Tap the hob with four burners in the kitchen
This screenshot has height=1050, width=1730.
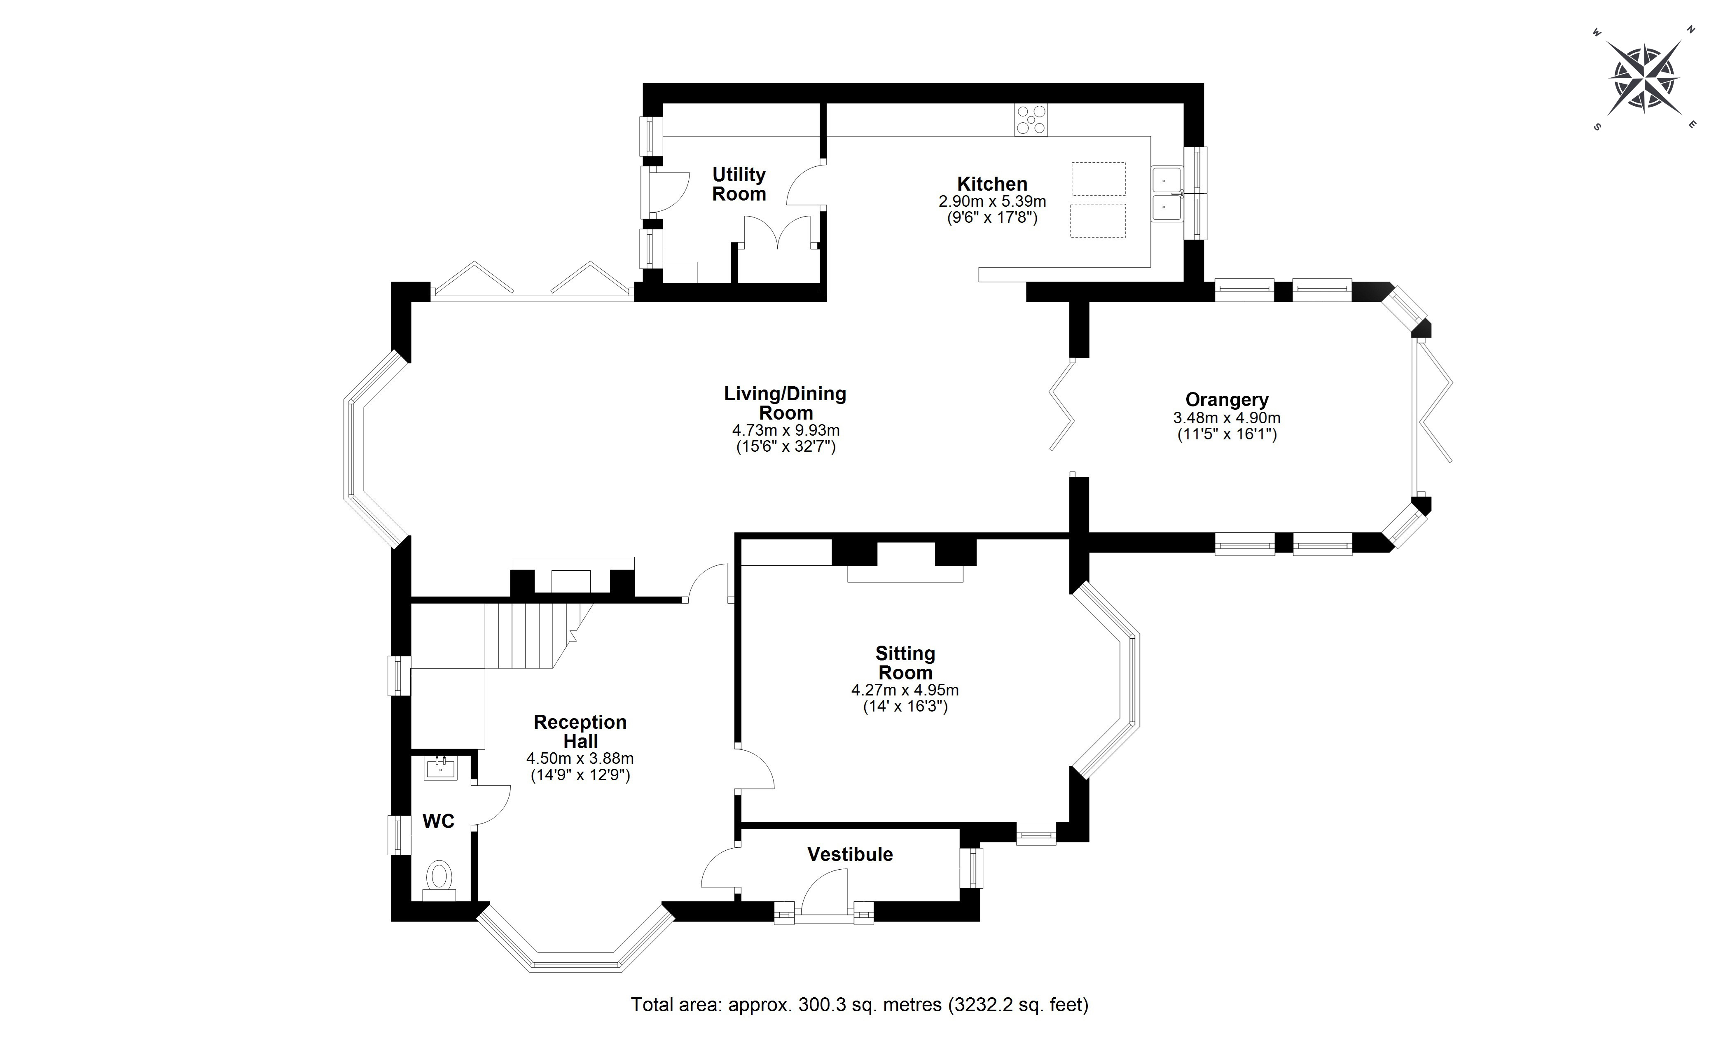tap(1031, 119)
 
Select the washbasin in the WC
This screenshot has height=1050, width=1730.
tap(441, 768)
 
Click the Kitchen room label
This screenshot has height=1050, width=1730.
tap(992, 184)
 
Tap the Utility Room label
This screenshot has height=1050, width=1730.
tap(739, 184)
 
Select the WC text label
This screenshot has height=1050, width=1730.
tap(438, 821)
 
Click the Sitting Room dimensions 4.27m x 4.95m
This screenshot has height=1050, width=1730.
tap(905, 690)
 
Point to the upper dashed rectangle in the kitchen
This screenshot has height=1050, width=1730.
tap(1098, 179)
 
